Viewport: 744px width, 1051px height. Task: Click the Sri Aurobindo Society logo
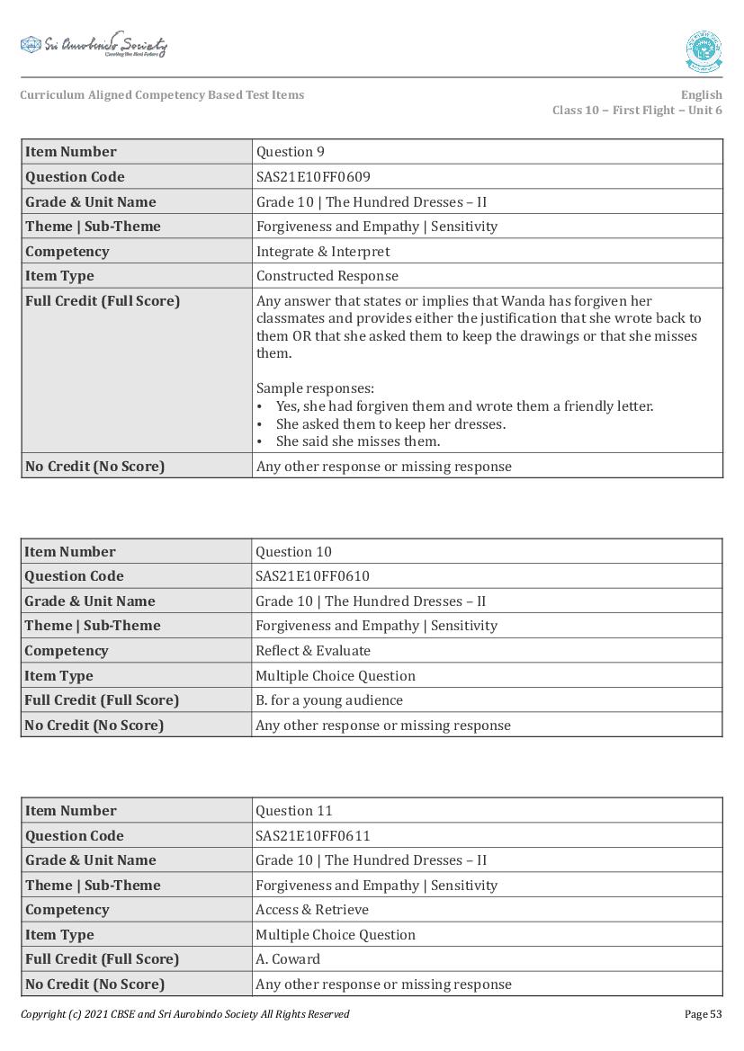(x=94, y=45)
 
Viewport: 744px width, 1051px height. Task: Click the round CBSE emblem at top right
(x=704, y=51)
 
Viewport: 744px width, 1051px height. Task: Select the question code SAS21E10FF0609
(x=313, y=177)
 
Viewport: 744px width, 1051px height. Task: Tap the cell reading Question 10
(x=294, y=552)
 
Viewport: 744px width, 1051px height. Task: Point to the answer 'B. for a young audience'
(x=329, y=700)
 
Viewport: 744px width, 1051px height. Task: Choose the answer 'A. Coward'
(x=288, y=959)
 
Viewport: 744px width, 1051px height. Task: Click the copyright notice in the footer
(x=185, y=1014)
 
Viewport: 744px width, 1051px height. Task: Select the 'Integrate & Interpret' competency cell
(x=323, y=252)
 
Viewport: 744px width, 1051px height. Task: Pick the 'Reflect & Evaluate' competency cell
(x=313, y=651)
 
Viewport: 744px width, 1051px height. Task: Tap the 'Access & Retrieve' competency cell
(x=312, y=910)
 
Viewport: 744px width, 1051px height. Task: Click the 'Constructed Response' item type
(x=327, y=276)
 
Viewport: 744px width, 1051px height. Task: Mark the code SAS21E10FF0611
(x=313, y=836)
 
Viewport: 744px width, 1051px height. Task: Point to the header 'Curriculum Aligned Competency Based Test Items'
(x=162, y=95)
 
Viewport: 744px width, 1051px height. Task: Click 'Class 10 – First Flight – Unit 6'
(x=637, y=111)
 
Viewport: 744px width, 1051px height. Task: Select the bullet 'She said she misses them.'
(x=358, y=441)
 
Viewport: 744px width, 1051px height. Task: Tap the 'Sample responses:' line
(x=315, y=388)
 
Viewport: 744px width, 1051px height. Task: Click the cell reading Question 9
(x=291, y=152)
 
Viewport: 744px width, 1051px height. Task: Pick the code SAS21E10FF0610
(x=313, y=576)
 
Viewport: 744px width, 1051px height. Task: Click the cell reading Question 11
(x=294, y=811)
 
